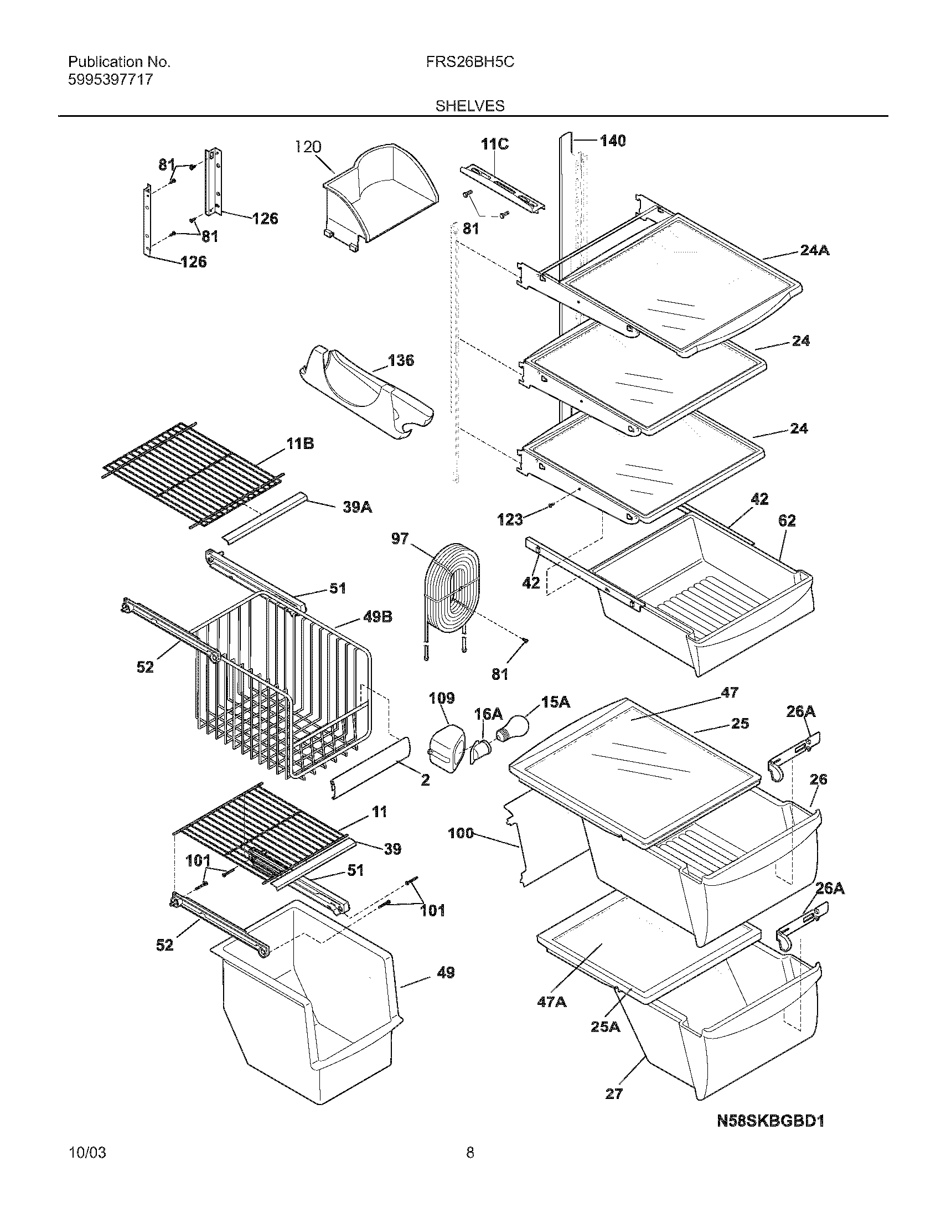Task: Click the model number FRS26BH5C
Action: (470, 62)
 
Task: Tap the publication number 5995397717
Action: (110, 80)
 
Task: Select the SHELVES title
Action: (469, 106)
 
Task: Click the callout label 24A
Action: (814, 250)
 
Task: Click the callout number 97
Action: (400, 539)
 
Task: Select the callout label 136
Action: (401, 360)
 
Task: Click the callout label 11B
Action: (300, 443)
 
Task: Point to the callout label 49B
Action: (378, 617)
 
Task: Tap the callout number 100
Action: (461, 833)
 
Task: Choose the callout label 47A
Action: (551, 1002)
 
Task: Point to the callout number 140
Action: (613, 141)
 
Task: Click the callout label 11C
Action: (494, 144)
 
